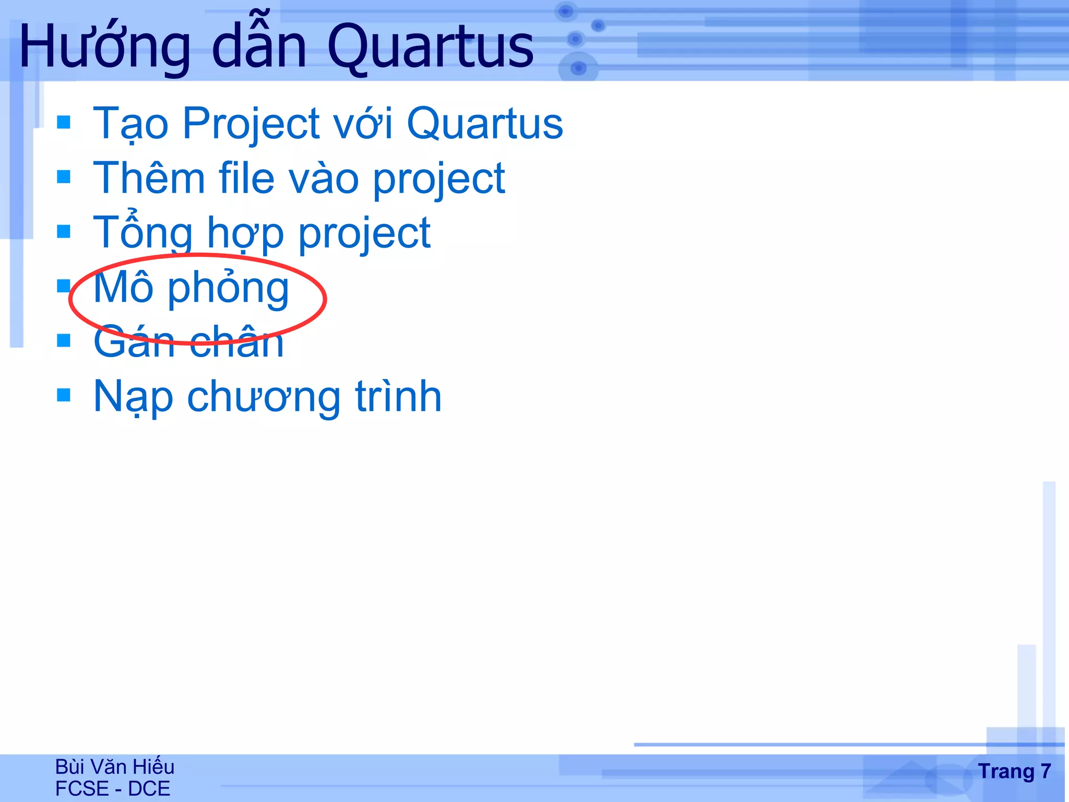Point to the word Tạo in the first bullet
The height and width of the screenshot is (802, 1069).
point(130,124)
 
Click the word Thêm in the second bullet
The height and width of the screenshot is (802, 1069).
point(149,179)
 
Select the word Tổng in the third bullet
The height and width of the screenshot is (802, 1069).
point(142,233)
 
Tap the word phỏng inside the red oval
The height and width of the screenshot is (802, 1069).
point(228,288)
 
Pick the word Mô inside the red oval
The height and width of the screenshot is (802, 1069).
point(123,288)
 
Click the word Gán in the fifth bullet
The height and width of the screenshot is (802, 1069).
point(134,343)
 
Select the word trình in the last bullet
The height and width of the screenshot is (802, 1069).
point(398,397)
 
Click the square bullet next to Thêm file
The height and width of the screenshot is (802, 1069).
point(64,176)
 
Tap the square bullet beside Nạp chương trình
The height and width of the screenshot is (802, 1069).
point(64,395)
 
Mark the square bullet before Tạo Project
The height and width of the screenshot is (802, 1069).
point(64,122)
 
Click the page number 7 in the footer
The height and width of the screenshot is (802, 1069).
point(1045,771)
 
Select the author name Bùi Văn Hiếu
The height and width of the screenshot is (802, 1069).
point(115,767)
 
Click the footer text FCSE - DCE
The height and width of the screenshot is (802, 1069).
point(113,788)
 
